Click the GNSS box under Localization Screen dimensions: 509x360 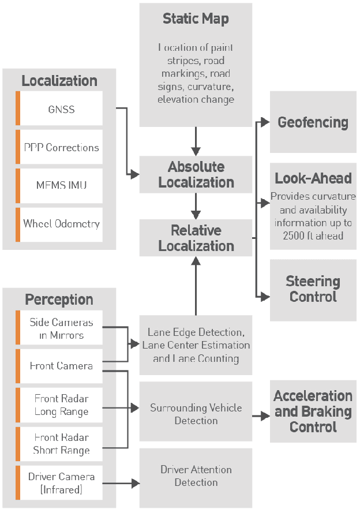coord(61,108)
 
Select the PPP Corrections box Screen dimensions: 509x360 coord(61,147)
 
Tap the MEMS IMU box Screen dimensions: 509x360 coord(61,186)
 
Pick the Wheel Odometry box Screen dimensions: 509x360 coord(61,224)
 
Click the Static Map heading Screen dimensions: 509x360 coord(196,18)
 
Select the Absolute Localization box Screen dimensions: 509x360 coord(196,175)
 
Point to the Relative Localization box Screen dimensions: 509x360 coord(196,238)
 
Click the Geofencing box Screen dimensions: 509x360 coord(313,122)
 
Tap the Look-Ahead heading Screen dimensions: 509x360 coord(313,178)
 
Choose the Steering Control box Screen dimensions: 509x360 coord(313,289)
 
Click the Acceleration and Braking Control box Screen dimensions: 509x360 coord(313,411)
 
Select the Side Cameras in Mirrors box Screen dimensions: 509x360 coord(61,328)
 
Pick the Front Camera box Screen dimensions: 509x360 coord(61,366)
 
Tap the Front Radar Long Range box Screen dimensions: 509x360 coord(61,405)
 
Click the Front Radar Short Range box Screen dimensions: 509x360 coord(61,444)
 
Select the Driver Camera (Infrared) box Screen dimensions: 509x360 coord(61,483)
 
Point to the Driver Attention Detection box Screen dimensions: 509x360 coord(196,476)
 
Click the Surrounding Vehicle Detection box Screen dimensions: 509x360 coord(196,414)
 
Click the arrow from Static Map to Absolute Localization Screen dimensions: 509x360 coord(196,141)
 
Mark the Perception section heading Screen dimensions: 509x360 coord(59,300)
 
